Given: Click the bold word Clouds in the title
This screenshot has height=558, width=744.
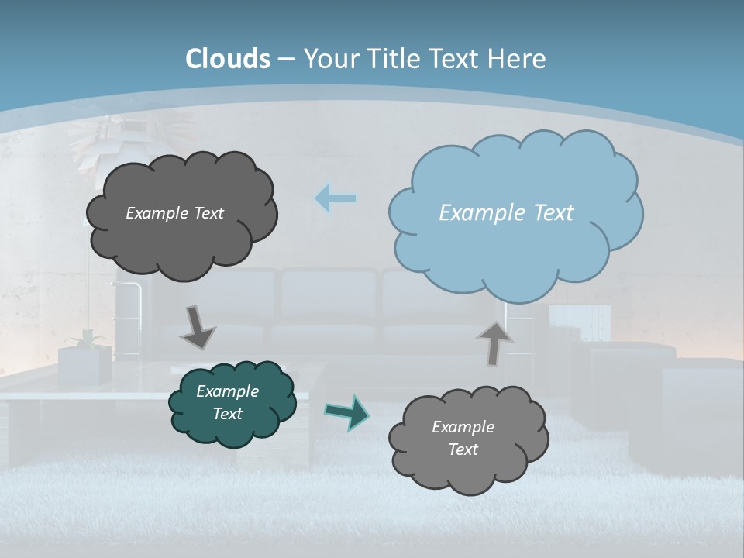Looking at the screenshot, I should point(228,59).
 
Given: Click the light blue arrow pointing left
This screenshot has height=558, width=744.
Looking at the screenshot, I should point(335,198).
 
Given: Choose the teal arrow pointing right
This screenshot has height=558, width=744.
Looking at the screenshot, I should point(346,412).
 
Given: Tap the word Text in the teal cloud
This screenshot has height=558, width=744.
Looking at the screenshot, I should point(227,414).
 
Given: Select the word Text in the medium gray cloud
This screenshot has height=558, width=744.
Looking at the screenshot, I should point(463,449).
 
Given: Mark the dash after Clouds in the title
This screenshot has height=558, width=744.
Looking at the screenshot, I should point(285,60).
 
